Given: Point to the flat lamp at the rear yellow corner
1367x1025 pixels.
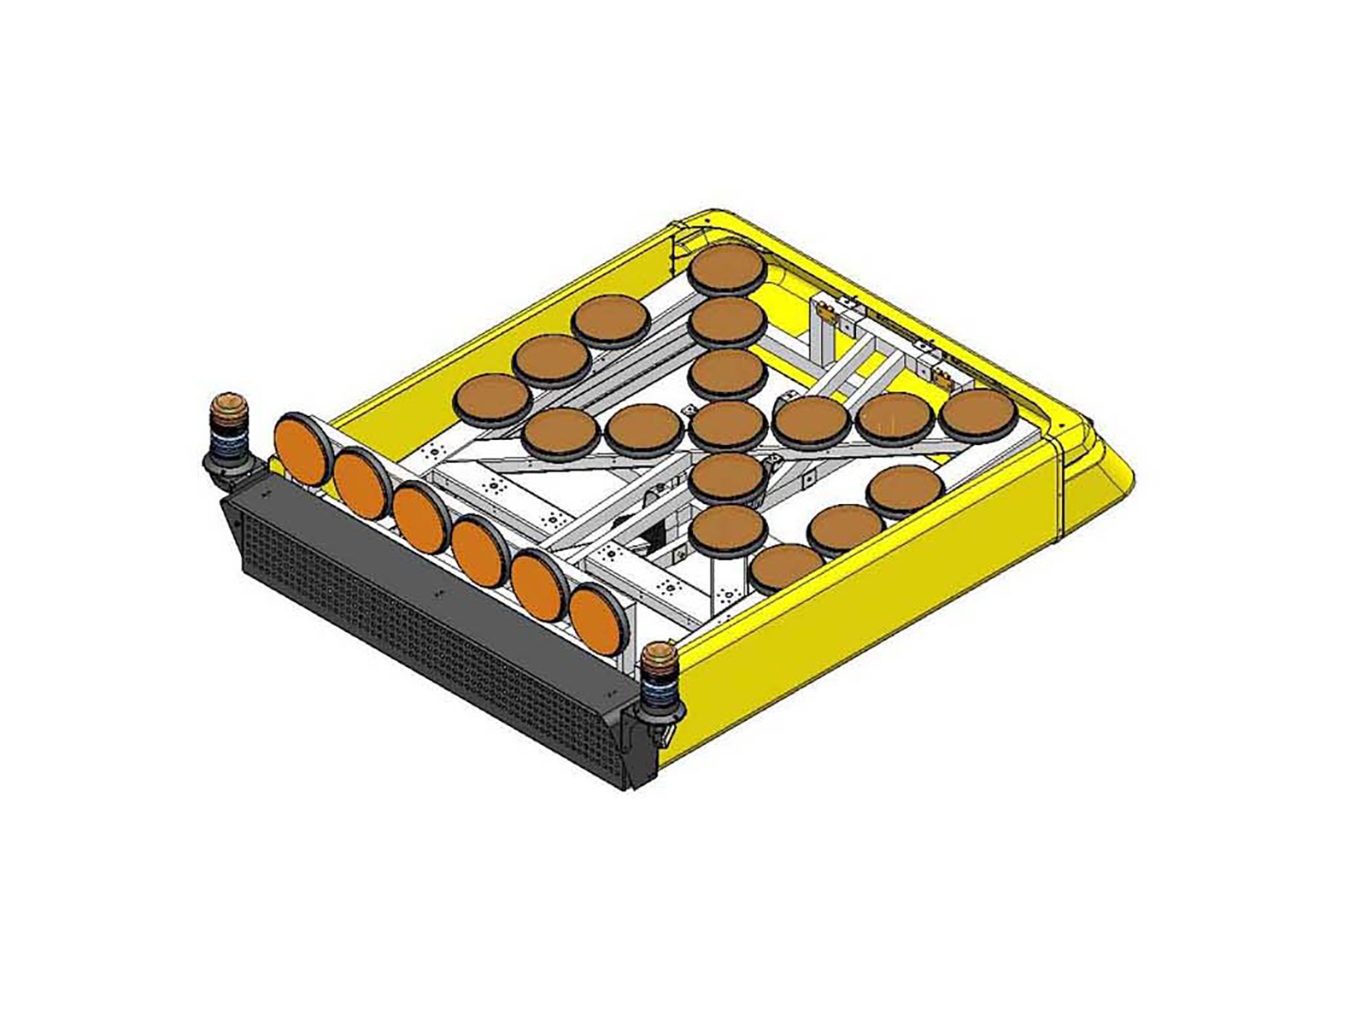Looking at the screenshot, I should coord(727,268).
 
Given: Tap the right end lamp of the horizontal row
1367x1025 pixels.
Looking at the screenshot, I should coord(979,413).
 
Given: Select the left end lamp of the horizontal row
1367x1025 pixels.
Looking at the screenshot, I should coord(559,430).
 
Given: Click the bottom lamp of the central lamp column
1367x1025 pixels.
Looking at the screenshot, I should coord(727,528).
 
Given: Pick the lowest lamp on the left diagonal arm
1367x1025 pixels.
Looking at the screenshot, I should coord(492,397).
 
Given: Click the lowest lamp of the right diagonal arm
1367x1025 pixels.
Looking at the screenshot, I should coord(785,566).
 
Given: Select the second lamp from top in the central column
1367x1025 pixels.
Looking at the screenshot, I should coord(727,320).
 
